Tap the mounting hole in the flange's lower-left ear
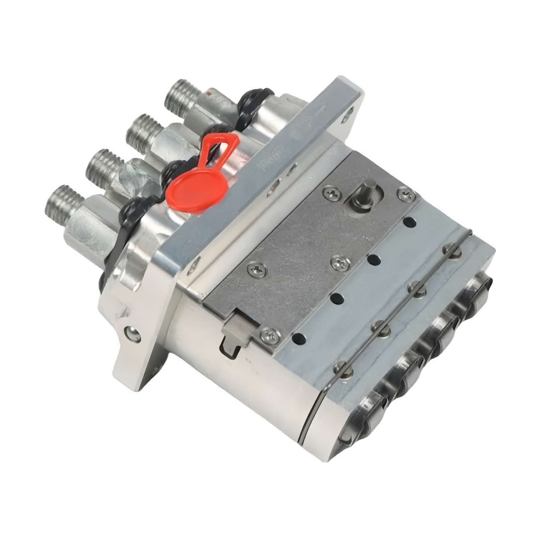132,332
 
